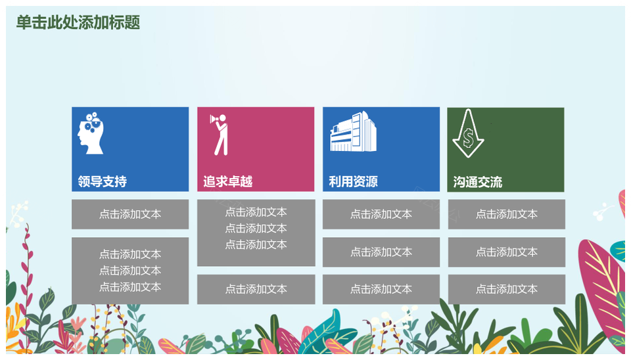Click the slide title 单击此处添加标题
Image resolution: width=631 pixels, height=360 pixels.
(x=78, y=22)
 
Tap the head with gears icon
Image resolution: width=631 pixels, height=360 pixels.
(x=91, y=133)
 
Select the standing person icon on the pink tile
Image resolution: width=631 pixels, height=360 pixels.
(x=220, y=135)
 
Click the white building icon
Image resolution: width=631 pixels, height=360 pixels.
(x=354, y=131)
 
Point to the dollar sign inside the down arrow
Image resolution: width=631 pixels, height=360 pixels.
(x=468, y=137)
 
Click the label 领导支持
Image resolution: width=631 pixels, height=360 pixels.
(x=103, y=181)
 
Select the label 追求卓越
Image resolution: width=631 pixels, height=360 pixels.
(x=228, y=181)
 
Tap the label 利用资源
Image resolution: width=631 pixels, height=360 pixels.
(x=354, y=181)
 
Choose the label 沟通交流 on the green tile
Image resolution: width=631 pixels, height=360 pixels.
(x=478, y=182)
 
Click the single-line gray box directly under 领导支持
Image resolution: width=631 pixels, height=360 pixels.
(x=130, y=214)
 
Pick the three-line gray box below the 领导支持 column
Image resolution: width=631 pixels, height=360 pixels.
(x=130, y=271)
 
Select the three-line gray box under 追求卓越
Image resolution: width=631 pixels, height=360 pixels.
(x=256, y=233)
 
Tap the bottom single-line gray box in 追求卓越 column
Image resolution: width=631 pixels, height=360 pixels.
(x=256, y=289)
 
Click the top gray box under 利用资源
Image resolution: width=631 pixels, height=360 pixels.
(x=381, y=214)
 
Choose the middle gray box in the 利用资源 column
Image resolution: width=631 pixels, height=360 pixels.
(x=381, y=252)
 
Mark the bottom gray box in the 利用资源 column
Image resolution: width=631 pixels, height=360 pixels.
(x=381, y=289)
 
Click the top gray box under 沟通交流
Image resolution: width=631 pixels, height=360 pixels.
(x=507, y=214)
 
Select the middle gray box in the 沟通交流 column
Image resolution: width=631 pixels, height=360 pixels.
(x=507, y=252)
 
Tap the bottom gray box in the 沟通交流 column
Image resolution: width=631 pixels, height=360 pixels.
(x=507, y=289)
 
